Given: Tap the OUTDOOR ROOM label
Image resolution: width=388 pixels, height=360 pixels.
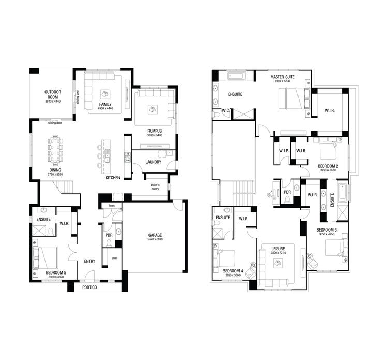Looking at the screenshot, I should coord(53,94).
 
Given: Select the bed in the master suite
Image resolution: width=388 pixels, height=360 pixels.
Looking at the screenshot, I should coord(293,98).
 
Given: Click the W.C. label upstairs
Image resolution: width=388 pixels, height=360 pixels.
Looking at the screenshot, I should coord(226,110).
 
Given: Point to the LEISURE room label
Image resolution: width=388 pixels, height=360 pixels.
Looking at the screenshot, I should coord(278,249).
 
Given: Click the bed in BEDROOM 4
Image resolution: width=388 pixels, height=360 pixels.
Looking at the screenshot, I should coord(228,257).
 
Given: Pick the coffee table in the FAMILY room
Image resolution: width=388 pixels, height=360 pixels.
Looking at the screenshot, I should coord(105,94).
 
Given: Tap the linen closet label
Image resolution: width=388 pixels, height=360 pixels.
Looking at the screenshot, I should coord(112,206).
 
